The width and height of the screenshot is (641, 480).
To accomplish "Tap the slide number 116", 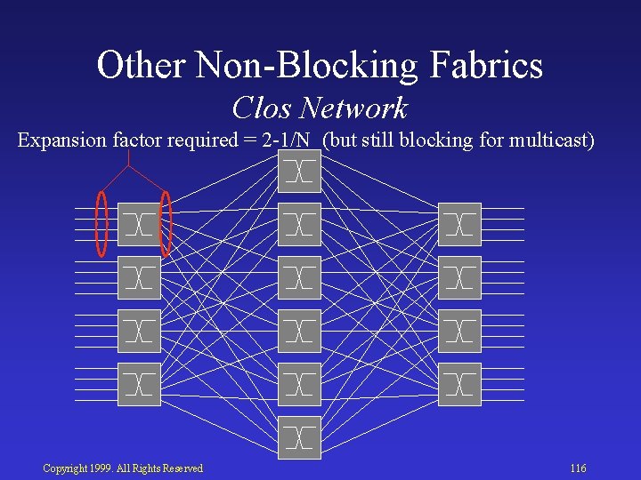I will [578, 468].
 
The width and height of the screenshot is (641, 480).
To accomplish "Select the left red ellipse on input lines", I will [102, 223].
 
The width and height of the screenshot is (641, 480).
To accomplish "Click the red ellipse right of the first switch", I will [165, 223].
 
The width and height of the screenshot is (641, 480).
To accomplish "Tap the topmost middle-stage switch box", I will [299, 172].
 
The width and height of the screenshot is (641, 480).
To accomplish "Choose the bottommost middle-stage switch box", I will [299, 437].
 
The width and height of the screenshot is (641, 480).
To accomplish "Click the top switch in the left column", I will [140, 225].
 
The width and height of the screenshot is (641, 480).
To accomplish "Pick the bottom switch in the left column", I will [140, 385].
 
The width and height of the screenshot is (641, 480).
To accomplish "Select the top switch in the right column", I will [459, 225].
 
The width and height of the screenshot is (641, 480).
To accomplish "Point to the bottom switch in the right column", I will [459, 385].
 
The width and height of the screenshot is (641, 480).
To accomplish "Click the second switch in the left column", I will [140, 278].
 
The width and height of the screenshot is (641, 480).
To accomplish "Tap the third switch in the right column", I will [459, 332].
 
